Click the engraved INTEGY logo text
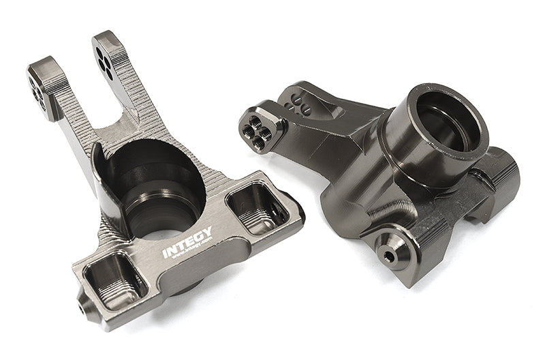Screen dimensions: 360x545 coord(187,242)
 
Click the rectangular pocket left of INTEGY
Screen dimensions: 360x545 coord(114,280)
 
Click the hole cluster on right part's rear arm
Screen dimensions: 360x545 coord(298,102)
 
